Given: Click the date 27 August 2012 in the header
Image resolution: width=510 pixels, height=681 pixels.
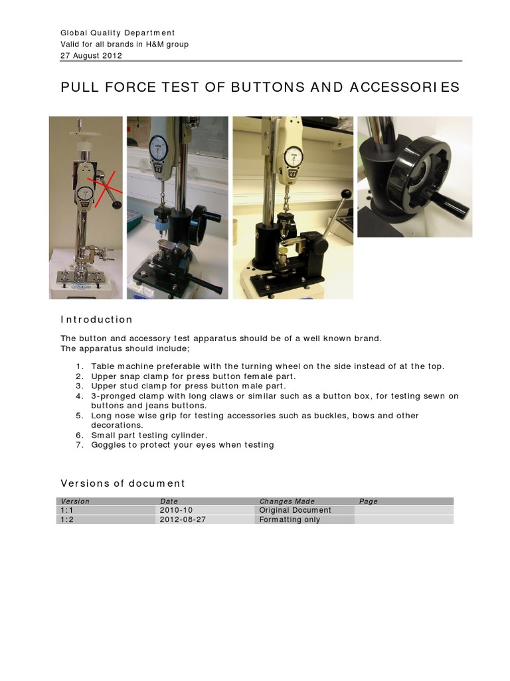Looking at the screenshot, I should point(91,56).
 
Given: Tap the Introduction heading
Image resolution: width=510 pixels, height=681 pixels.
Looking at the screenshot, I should point(96,319).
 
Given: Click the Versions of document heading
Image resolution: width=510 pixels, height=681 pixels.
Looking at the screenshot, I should point(123,483).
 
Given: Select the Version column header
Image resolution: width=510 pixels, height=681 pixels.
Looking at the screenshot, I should point(75,501).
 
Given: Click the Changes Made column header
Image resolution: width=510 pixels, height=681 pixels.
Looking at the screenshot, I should point(287,501).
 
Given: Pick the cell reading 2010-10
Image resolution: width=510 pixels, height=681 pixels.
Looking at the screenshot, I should point(175,510).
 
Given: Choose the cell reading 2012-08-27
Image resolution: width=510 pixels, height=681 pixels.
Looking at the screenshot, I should point(183,519).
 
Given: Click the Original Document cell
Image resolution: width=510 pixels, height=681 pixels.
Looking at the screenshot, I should point(295,510).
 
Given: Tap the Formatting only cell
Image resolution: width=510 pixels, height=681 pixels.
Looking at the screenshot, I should point(290,519).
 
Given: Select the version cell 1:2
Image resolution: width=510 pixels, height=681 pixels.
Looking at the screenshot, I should point(66,519).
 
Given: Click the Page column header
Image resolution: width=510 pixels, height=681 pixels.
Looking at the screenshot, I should point(368,501).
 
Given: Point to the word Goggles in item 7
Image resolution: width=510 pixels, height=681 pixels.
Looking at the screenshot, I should point(108,444).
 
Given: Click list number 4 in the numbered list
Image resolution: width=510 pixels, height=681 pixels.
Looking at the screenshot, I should point(78,396).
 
